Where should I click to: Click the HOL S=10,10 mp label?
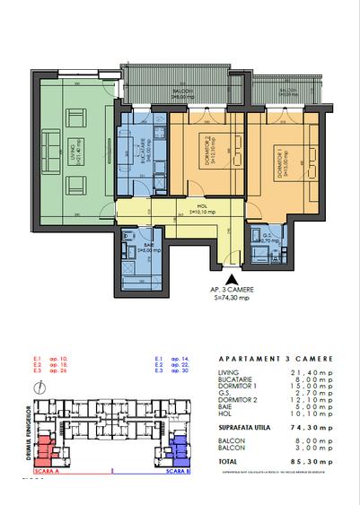click(190, 212)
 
